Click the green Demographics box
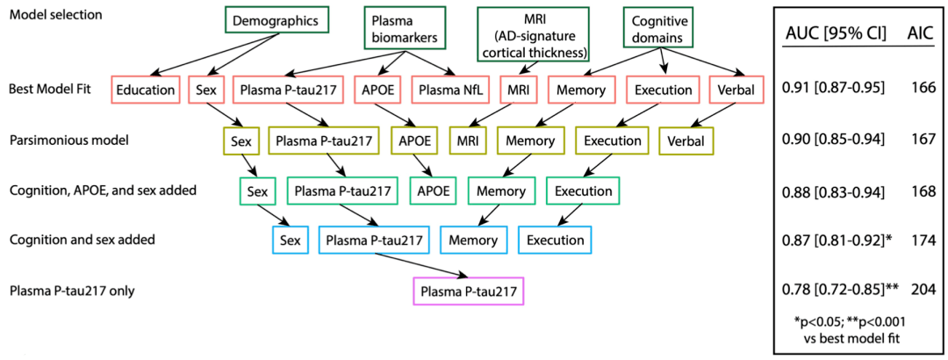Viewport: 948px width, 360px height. click(276, 22)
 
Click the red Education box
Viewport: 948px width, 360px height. click(146, 90)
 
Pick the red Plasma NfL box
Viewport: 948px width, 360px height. click(450, 90)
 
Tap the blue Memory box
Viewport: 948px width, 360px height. click(473, 240)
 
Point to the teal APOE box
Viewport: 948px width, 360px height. click(431, 191)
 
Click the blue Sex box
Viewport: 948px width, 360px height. click(290, 240)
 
